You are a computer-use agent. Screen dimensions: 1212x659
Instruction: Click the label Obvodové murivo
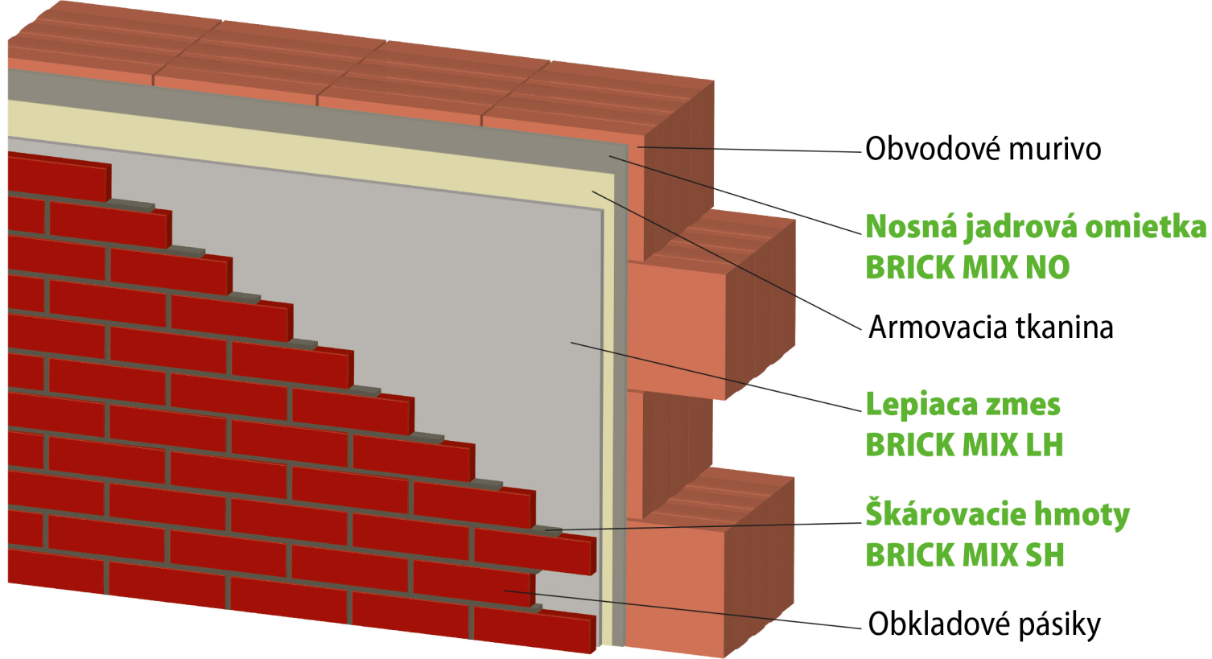tap(983, 149)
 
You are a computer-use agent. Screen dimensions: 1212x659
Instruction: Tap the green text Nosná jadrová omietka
tap(1036, 227)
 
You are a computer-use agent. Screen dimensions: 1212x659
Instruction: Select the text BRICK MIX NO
tap(967, 267)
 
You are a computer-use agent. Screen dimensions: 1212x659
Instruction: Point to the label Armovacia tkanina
tap(991, 327)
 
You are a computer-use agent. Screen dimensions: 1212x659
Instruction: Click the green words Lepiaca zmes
tap(963, 405)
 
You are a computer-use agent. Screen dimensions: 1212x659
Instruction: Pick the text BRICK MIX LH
tap(965, 445)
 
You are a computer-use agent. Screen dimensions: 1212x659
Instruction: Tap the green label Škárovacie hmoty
tap(998, 514)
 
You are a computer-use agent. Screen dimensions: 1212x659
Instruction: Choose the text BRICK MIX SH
tap(965, 555)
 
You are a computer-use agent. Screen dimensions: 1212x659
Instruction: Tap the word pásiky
tap(1060, 626)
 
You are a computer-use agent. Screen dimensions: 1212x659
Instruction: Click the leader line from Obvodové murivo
tap(749, 150)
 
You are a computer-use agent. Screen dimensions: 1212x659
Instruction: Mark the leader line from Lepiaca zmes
tap(715, 377)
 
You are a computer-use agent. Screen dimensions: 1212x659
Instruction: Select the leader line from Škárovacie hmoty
tap(703, 526)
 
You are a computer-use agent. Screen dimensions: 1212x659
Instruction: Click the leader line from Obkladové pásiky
tap(682, 610)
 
